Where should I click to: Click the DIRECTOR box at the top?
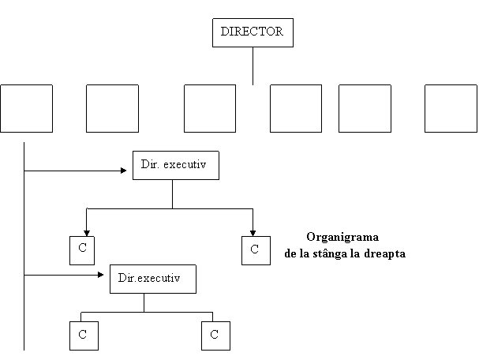253,32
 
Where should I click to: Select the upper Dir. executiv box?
176,165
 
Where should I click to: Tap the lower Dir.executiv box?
153,279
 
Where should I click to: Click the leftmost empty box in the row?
26,108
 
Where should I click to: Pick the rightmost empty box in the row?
451,108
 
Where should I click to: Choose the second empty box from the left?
112,108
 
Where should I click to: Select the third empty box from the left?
210,108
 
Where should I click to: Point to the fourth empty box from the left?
296,108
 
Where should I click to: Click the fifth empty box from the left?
365,108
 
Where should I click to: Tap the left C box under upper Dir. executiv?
82,250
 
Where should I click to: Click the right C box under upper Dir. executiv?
256,250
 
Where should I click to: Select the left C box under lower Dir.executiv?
84,336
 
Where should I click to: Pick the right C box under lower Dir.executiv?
215,336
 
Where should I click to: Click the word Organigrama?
342,237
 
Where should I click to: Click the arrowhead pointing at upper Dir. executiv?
124,171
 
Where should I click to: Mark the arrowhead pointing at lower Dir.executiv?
100,275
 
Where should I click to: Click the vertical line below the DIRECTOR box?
253,66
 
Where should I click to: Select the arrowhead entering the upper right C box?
253,233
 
